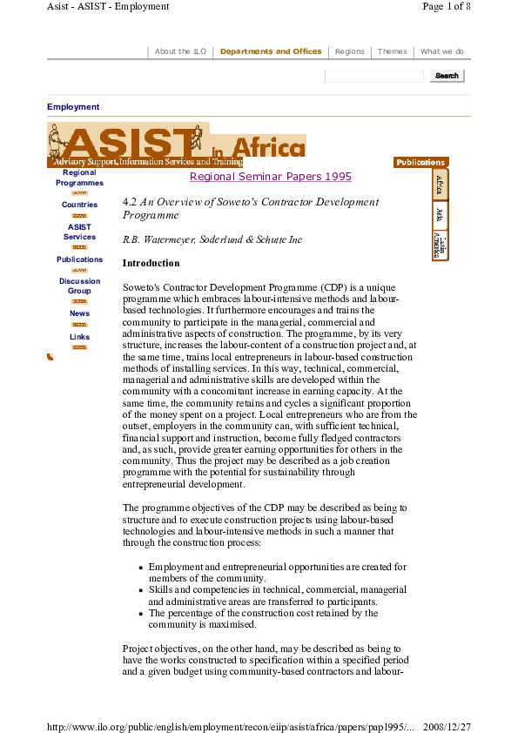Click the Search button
[x=447, y=76]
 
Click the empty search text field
[x=374, y=76]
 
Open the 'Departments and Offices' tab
[x=271, y=51]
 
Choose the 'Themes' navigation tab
[x=392, y=51]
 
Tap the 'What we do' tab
[x=441, y=51]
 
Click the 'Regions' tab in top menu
[x=349, y=51]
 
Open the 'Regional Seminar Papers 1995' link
[x=270, y=177]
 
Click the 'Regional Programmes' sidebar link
[x=79, y=178]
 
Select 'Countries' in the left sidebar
[x=79, y=205]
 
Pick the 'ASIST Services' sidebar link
[x=79, y=232]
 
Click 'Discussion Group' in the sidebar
[x=79, y=286]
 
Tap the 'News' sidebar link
[x=79, y=313]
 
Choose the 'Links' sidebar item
[x=79, y=337]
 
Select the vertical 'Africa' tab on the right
[x=441, y=185]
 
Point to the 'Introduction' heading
[x=151, y=263]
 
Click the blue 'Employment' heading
[x=73, y=107]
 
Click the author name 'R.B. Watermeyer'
[x=155, y=238]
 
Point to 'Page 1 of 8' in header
[x=447, y=6]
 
